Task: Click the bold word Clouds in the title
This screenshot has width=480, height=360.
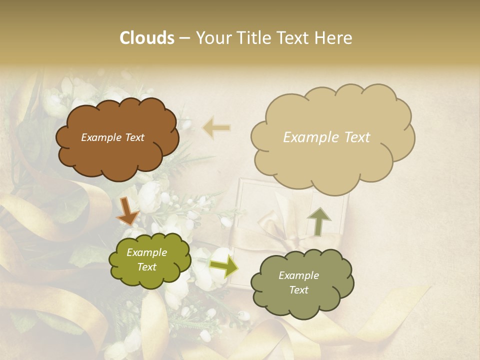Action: pyautogui.click(x=146, y=38)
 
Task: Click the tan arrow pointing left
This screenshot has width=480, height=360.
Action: pyautogui.click(x=216, y=127)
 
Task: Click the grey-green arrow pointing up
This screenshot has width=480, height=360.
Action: pyautogui.click(x=318, y=221)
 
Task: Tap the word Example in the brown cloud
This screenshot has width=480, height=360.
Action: pyautogui.click(x=101, y=137)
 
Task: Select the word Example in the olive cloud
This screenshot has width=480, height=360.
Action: pyautogui.click(x=147, y=252)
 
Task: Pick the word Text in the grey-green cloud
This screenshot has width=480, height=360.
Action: pyautogui.click(x=298, y=290)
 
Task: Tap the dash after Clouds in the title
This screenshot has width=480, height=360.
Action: pyautogui.click(x=184, y=38)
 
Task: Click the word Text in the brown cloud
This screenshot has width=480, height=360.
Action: pyautogui.click(x=134, y=137)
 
